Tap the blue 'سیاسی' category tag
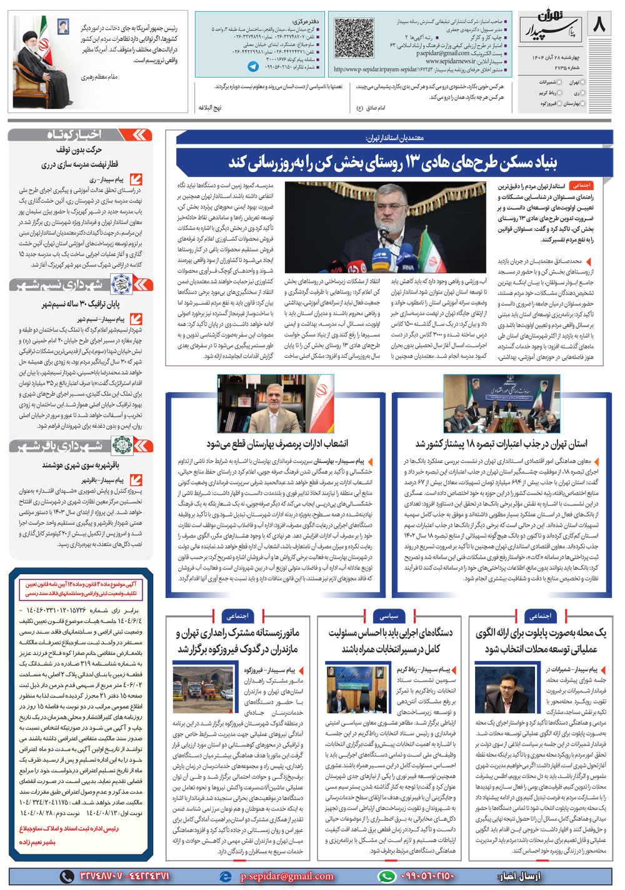pos(389,616)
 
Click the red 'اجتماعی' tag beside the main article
pos(581,186)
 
